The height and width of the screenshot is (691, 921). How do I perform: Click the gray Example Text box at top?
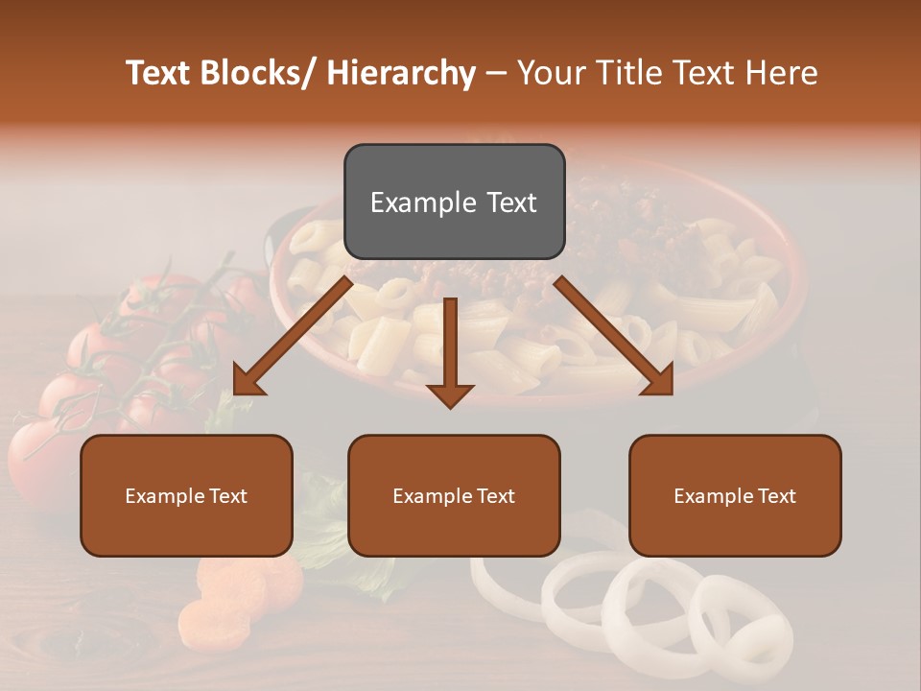click(x=454, y=202)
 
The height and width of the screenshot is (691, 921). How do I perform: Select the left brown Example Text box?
click(x=186, y=495)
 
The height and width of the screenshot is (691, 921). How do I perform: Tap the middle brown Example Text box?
click(x=454, y=495)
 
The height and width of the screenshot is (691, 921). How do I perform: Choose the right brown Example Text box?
click(x=735, y=495)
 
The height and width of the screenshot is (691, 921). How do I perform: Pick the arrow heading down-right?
click(x=614, y=336)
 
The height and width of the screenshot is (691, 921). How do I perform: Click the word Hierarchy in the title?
click(x=401, y=73)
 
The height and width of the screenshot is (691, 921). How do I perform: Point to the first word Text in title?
click(x=157, y=73)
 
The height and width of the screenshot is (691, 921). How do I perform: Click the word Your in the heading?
click(x=550, y=73)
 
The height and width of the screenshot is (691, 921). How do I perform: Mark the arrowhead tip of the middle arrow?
click(x=450, y=407)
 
